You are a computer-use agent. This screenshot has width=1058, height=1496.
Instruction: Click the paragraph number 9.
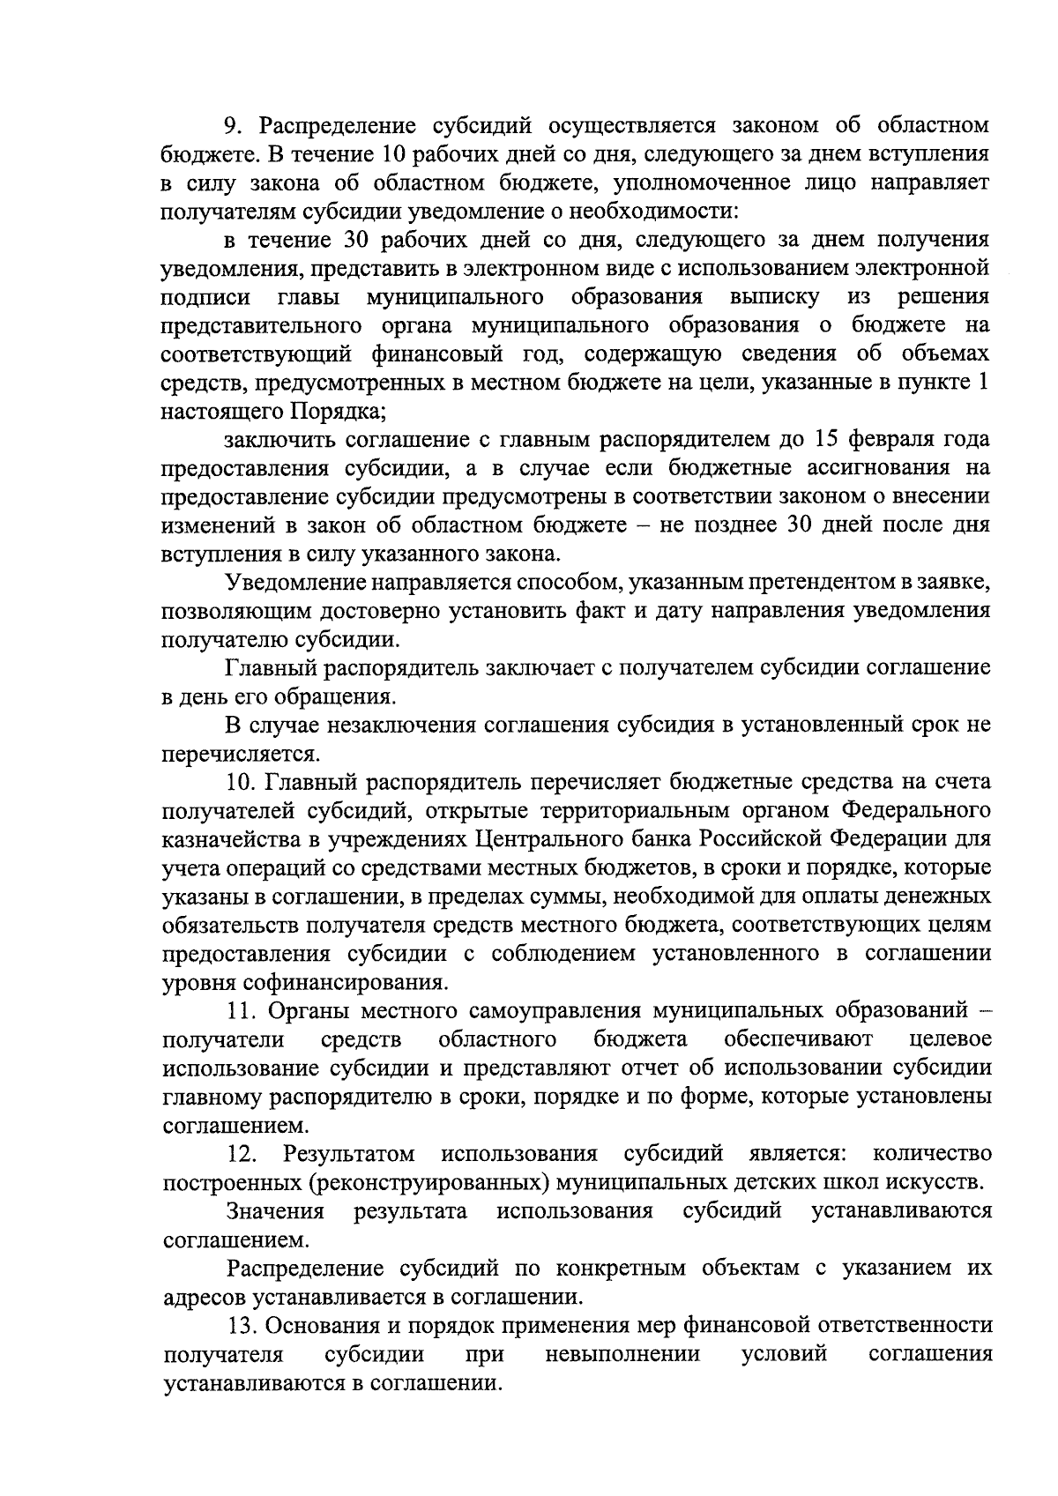tap(231, 125)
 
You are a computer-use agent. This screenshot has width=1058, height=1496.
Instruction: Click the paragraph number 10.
tap(240, 782)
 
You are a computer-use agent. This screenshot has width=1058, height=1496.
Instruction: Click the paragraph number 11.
tap(239, 1010)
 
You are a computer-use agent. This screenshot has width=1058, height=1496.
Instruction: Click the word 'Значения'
tap(275, 1211)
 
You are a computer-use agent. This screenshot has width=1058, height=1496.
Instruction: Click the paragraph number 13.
tap(241, 1325)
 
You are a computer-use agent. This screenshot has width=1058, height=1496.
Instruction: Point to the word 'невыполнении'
tap(622, 1354)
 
